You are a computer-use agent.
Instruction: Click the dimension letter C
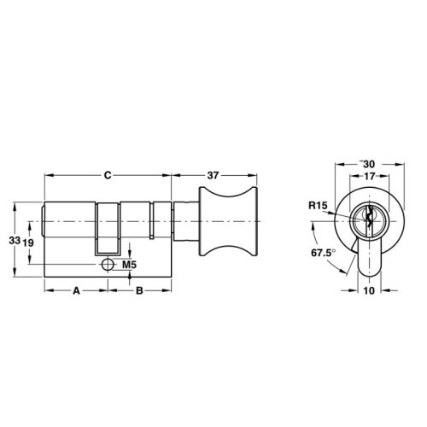(x=108, y=175)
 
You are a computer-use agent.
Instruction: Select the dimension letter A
(x=75, y=291)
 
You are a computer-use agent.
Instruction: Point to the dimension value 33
(x=13, y=243)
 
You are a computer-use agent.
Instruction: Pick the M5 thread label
(x=130, y=265)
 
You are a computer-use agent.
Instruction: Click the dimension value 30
(x=370, y=163)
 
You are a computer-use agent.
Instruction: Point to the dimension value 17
(x=368, y=177)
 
